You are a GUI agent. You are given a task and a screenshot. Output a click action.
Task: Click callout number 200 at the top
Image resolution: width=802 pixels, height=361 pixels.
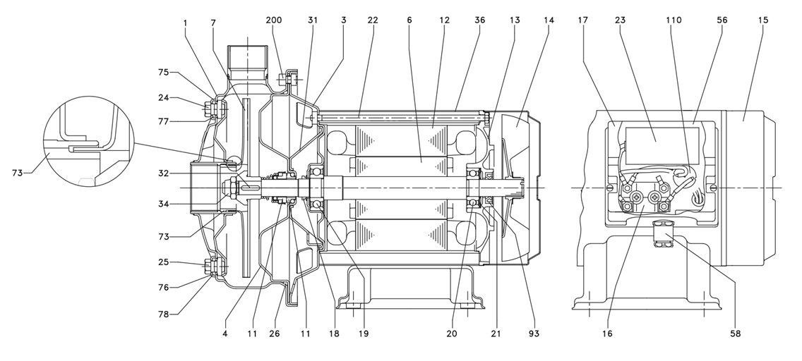click(274, 20)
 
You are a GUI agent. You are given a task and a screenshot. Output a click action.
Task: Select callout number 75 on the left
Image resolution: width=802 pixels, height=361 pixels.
click(163, 73)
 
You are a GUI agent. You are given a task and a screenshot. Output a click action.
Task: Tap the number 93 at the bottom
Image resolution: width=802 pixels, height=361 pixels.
click(534, 334)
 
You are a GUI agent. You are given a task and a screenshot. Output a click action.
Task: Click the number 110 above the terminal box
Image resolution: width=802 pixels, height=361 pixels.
click(674, 20)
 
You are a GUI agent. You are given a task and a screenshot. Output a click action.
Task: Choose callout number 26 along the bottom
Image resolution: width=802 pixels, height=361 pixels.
click(275, 334)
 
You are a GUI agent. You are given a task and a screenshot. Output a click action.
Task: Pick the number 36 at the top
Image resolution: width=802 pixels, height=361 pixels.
click(479, 20)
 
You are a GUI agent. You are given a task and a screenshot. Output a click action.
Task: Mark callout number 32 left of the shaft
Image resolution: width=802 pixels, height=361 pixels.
click(163, 173)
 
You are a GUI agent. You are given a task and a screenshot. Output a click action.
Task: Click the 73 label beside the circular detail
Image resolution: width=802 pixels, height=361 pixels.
click(18, 173)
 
